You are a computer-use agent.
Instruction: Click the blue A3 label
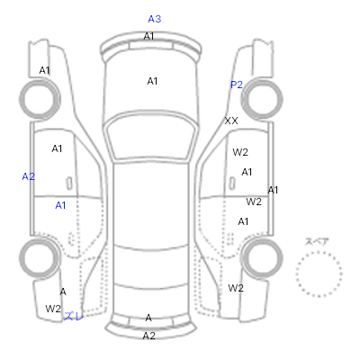[155, 19]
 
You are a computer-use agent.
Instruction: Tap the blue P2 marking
[237, 85]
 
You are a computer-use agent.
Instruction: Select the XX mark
[231, 121]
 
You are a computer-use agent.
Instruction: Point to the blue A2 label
[29, 176]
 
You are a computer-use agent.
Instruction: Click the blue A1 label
[60, 205]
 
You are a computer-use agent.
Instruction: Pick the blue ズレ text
[73, 316]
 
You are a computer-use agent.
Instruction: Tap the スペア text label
[317, 241]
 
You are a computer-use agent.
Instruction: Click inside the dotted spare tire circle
[319, 274]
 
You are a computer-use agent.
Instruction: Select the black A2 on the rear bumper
[149, 336]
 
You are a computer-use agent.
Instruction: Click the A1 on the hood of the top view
[152, 81]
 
